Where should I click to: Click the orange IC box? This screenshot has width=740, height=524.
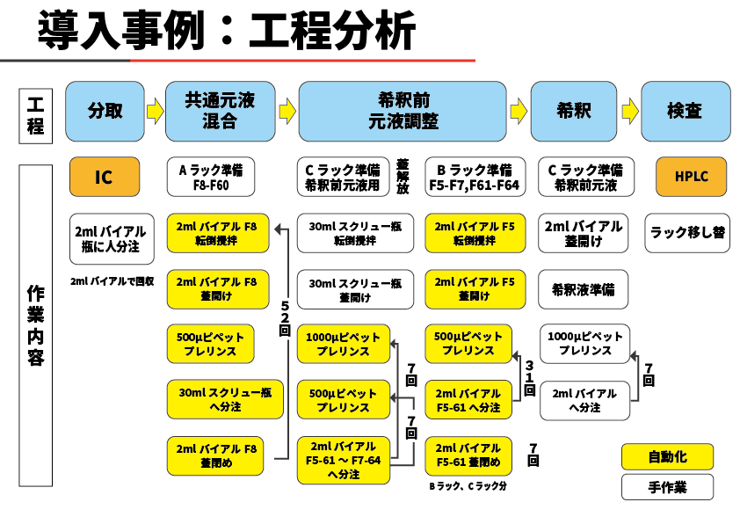104,178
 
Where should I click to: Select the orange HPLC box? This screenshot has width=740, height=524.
692,178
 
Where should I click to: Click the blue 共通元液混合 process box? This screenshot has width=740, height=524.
220,111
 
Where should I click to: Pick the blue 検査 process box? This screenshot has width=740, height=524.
685,111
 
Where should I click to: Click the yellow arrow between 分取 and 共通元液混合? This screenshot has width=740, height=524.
155,112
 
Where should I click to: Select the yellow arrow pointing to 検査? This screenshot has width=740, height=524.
629,112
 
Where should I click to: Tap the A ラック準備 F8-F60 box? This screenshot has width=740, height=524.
211,178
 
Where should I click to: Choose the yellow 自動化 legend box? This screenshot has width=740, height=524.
667,457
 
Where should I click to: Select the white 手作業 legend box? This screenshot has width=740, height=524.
667,486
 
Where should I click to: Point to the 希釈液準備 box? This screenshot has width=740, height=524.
584,289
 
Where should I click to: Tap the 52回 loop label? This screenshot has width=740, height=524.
285,318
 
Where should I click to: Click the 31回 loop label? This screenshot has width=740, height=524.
529,376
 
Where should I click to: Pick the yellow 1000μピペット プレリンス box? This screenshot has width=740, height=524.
344,345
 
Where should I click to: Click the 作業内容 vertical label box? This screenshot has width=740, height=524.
35,325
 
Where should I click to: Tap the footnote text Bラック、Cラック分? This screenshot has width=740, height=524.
468,485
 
